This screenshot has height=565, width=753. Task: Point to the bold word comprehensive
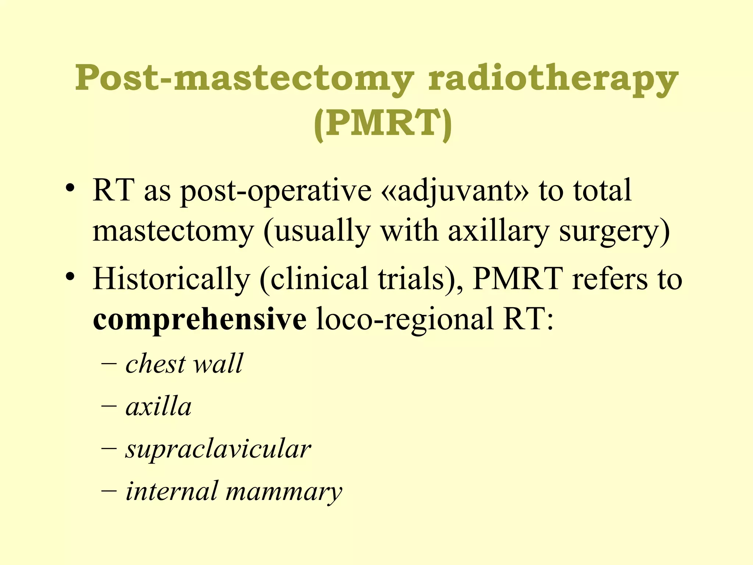(x=199, y=319)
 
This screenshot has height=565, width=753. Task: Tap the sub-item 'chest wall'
(x=184, y=364)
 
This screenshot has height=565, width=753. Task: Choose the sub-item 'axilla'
(x=158, y=407)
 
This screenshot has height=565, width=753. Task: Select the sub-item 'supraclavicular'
(x=218, y=450)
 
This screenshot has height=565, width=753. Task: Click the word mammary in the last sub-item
(x=284, y=493)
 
